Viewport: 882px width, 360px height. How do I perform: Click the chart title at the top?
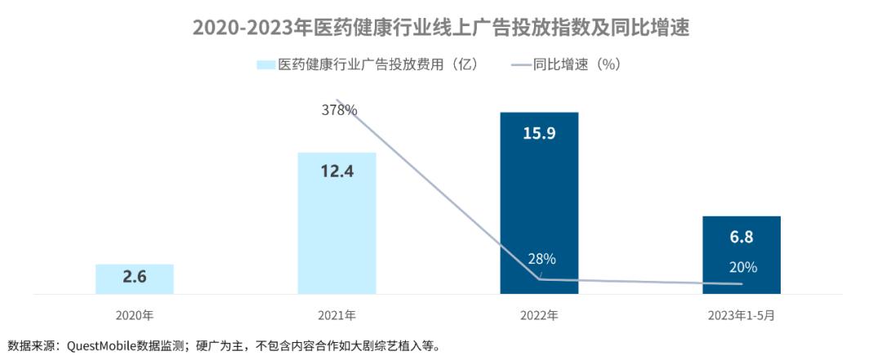tap(441, 27)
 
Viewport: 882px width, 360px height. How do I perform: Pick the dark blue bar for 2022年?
tap(539, 204)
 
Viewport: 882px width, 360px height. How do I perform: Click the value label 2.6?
tap(135, 277)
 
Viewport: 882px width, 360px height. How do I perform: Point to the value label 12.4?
tap(336, 172)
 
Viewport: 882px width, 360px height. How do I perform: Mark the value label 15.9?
tap(539, 133)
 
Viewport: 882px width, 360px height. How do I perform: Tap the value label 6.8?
tap(742, 238)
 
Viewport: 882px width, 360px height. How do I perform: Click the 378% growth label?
tap(338, 109)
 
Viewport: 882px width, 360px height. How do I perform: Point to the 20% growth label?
tap(742, 267)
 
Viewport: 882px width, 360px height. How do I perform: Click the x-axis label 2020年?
tap(135, 314)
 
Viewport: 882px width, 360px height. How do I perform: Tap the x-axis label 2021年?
tap(336, 314)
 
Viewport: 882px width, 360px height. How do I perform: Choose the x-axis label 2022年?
tap(539, 314)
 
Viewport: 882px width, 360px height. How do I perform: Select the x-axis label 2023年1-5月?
tap(742, 314)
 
